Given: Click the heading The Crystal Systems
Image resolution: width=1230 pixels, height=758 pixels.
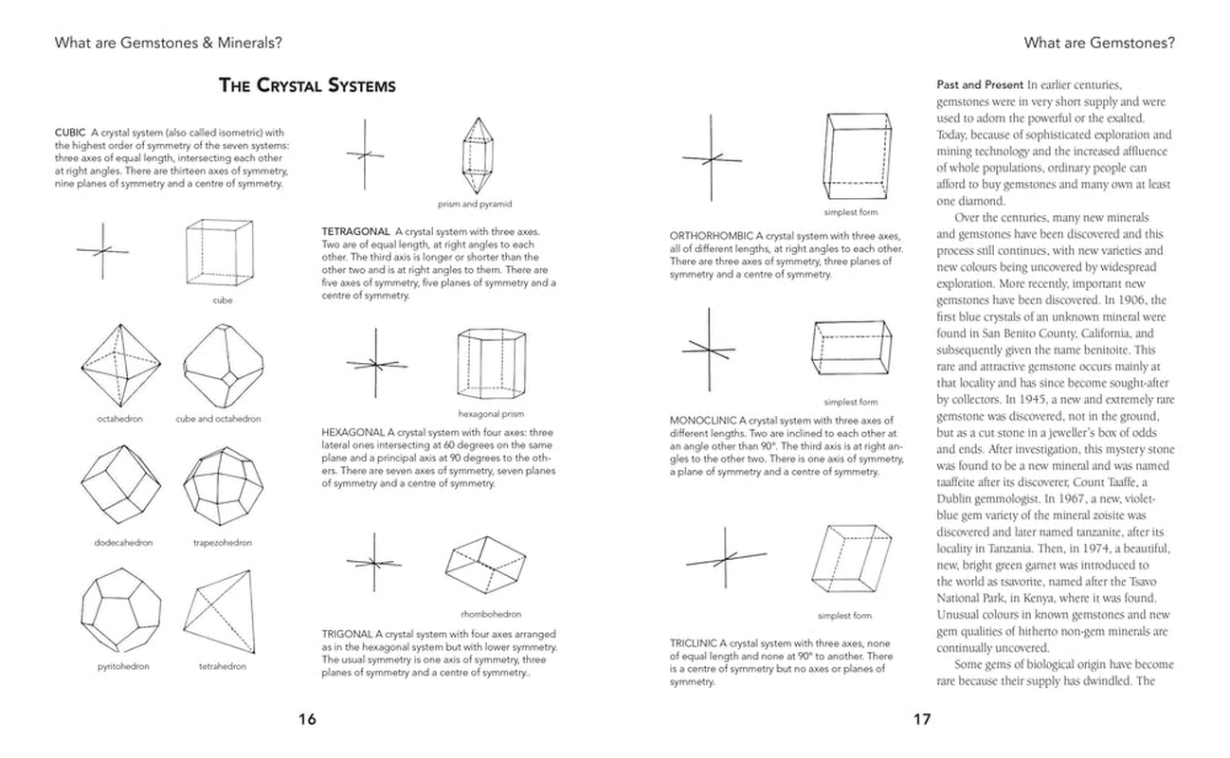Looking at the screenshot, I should click(307, 86).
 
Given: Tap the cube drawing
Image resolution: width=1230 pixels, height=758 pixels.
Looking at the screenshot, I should click(222, 251).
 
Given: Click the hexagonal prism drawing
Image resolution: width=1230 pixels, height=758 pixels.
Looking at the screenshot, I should click(492, 365).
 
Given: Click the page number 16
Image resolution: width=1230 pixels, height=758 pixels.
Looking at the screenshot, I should click(307, 719).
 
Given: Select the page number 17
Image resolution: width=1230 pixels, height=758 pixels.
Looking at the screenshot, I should click(922, 719).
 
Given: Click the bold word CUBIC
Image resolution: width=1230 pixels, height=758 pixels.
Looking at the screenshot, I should click(71, 133).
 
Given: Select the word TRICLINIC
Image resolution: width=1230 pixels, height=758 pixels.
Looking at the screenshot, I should click(696, 642).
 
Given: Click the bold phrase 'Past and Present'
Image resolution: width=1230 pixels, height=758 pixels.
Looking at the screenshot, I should click(979, 84).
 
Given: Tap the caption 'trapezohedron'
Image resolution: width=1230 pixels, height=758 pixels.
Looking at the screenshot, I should click(223, 543).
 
